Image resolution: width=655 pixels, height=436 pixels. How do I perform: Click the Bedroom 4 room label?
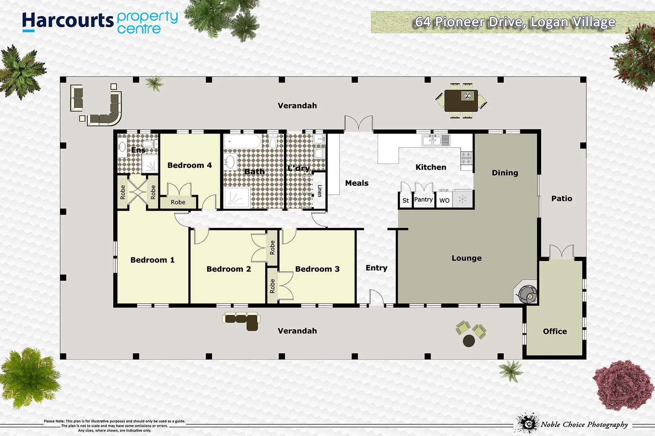pos(189,165)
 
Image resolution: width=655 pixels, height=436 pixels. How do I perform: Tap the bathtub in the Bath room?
pos(243,142)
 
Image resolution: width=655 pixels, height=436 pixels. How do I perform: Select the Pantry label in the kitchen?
pos(423,199)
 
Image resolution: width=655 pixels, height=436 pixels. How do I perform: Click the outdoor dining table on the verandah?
pos(461,101)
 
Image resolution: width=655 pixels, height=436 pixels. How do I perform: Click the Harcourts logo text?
pos(68,21)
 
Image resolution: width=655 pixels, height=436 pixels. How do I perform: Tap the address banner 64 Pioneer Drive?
pos(515,22)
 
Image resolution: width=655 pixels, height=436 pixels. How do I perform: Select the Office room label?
pos(555,331)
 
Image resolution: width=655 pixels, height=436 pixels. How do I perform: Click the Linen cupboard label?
pos(319,191)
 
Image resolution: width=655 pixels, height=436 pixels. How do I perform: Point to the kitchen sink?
pos(431,140)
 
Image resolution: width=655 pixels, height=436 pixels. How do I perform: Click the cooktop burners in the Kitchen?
pos(466,158)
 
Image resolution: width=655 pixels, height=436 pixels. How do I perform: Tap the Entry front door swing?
pos(376,298)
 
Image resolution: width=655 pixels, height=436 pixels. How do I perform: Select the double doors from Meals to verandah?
pos(358,124)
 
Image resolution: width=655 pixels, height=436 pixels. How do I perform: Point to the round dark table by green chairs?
pos(469,341)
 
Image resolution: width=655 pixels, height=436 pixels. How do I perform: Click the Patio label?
pos(562,198)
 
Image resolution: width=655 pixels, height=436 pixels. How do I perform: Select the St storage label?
pos(406,200)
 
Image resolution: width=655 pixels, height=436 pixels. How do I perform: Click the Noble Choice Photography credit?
pos(584,424)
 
